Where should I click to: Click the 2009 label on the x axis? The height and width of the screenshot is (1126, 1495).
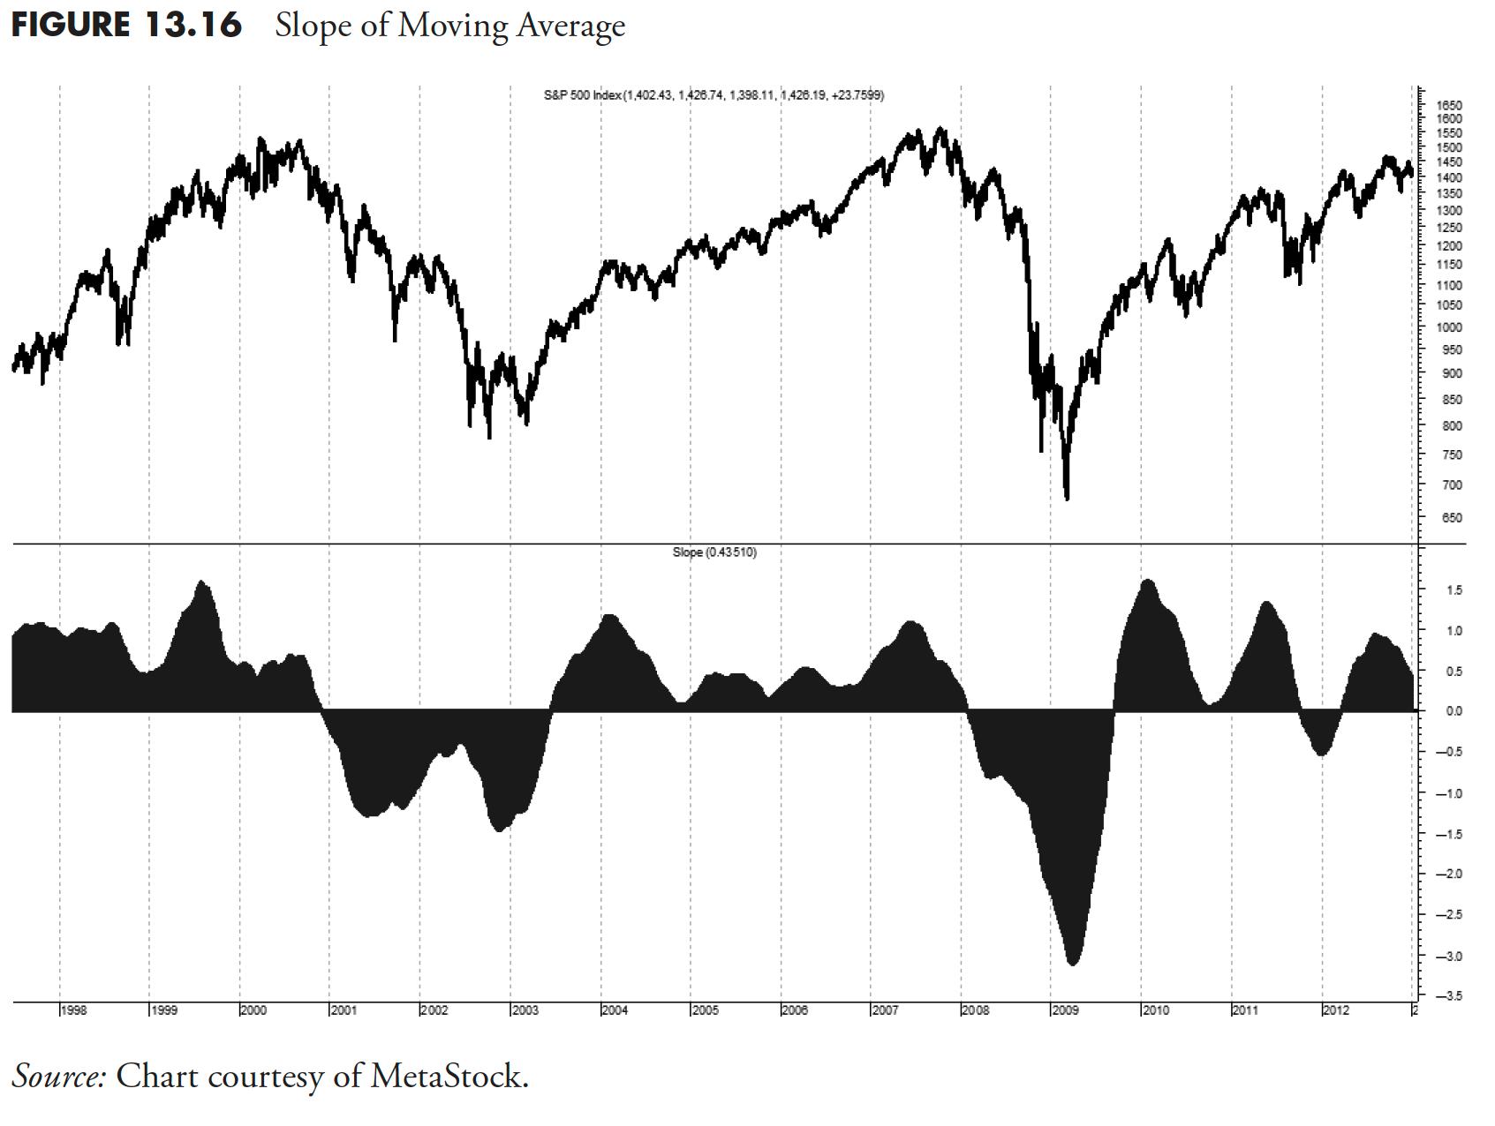[x=1065, y=1010]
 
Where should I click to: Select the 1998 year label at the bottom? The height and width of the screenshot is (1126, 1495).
[x=73, y=1010]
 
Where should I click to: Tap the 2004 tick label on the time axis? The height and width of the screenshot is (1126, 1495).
[x=615, y=1010]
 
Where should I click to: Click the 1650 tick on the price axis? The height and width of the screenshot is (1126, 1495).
[x=1452, y=105]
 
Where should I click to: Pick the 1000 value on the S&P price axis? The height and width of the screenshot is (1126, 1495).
[x=1452, y=327]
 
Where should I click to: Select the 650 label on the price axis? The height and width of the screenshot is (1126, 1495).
[x=1452, y=518]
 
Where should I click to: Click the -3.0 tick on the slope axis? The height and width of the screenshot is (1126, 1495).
[x=1449, y=956]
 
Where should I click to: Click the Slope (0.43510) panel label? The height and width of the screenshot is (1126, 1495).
[x=714, y=552]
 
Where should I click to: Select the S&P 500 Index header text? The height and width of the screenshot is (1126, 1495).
[x=583, y=95]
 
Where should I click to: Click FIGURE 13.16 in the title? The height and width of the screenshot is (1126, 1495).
[x=126, y=25]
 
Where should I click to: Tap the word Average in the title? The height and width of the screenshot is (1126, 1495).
[x=570, y=26]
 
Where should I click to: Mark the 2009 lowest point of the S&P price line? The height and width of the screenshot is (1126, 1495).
[x=1068, y=499]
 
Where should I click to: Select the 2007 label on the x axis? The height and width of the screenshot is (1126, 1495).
[x=885, y=1010]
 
